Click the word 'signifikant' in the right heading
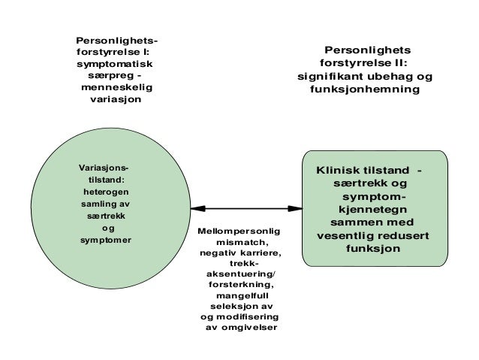tap(327, 77)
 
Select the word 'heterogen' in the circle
tap(105, 192)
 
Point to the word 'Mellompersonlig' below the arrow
tap(236, 232)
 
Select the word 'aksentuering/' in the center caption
tap(239, 275)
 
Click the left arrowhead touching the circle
tap(186, 208)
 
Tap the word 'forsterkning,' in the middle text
tap(239, 286)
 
